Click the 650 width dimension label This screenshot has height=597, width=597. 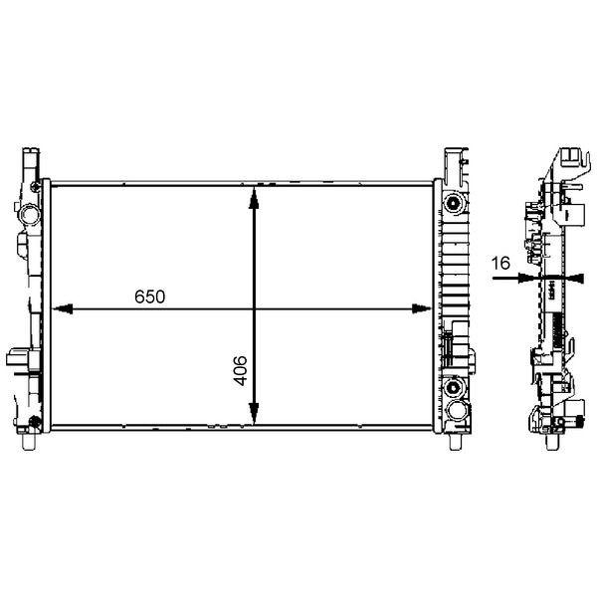click(149, 297)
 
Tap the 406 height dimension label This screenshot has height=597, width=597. click(240, 370)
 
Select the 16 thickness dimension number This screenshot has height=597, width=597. click(500, 263)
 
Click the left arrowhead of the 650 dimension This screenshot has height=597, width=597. click(63, 309)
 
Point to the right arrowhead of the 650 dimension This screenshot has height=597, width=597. click(422, 309)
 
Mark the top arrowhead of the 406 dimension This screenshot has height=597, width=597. click(254, 198)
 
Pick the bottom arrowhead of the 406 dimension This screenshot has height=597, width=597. click(254, 414)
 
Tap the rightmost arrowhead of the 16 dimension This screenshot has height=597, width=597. click(576, 279)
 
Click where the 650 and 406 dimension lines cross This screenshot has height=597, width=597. click(254, 309)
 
